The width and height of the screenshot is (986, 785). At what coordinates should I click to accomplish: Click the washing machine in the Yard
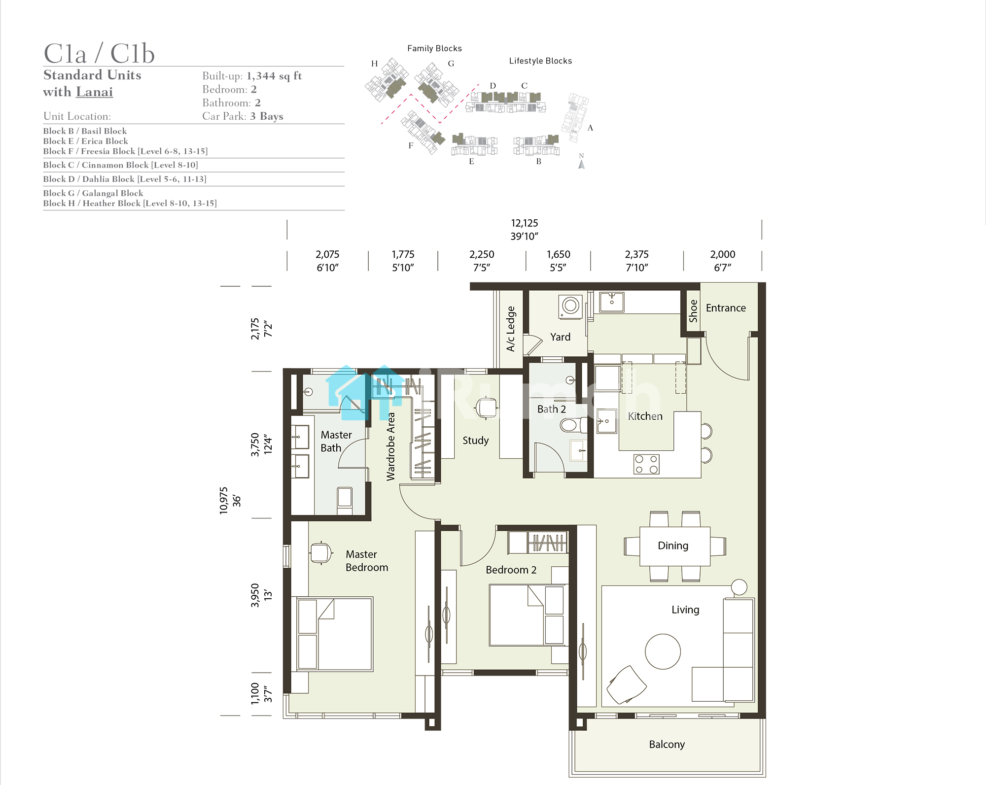570,307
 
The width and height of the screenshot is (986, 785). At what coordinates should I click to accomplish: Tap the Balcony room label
667,744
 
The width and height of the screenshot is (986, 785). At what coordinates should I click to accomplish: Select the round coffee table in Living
663,651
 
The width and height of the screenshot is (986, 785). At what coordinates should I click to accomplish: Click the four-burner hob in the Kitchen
646,464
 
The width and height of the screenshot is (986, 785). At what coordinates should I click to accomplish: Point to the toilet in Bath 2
573,424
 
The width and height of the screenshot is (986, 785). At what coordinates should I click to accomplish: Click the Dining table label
673,546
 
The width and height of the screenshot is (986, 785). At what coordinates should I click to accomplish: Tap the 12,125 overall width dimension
525,223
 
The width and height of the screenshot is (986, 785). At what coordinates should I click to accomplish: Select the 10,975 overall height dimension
224,501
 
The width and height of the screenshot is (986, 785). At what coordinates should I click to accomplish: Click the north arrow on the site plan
581,164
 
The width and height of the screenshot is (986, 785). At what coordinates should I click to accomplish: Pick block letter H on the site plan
374,64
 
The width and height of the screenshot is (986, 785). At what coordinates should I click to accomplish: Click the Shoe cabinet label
693,311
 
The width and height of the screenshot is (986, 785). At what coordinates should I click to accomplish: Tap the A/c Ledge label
511,329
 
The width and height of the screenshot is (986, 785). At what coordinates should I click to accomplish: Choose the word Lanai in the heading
95,92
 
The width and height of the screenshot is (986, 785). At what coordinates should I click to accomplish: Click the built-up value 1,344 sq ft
274,76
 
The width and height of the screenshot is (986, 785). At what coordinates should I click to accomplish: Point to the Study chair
487,408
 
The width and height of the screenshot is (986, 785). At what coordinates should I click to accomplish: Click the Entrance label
726,308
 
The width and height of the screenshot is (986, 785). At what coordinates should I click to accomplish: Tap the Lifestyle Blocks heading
540,61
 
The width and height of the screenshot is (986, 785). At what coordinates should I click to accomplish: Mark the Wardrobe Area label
391,446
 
